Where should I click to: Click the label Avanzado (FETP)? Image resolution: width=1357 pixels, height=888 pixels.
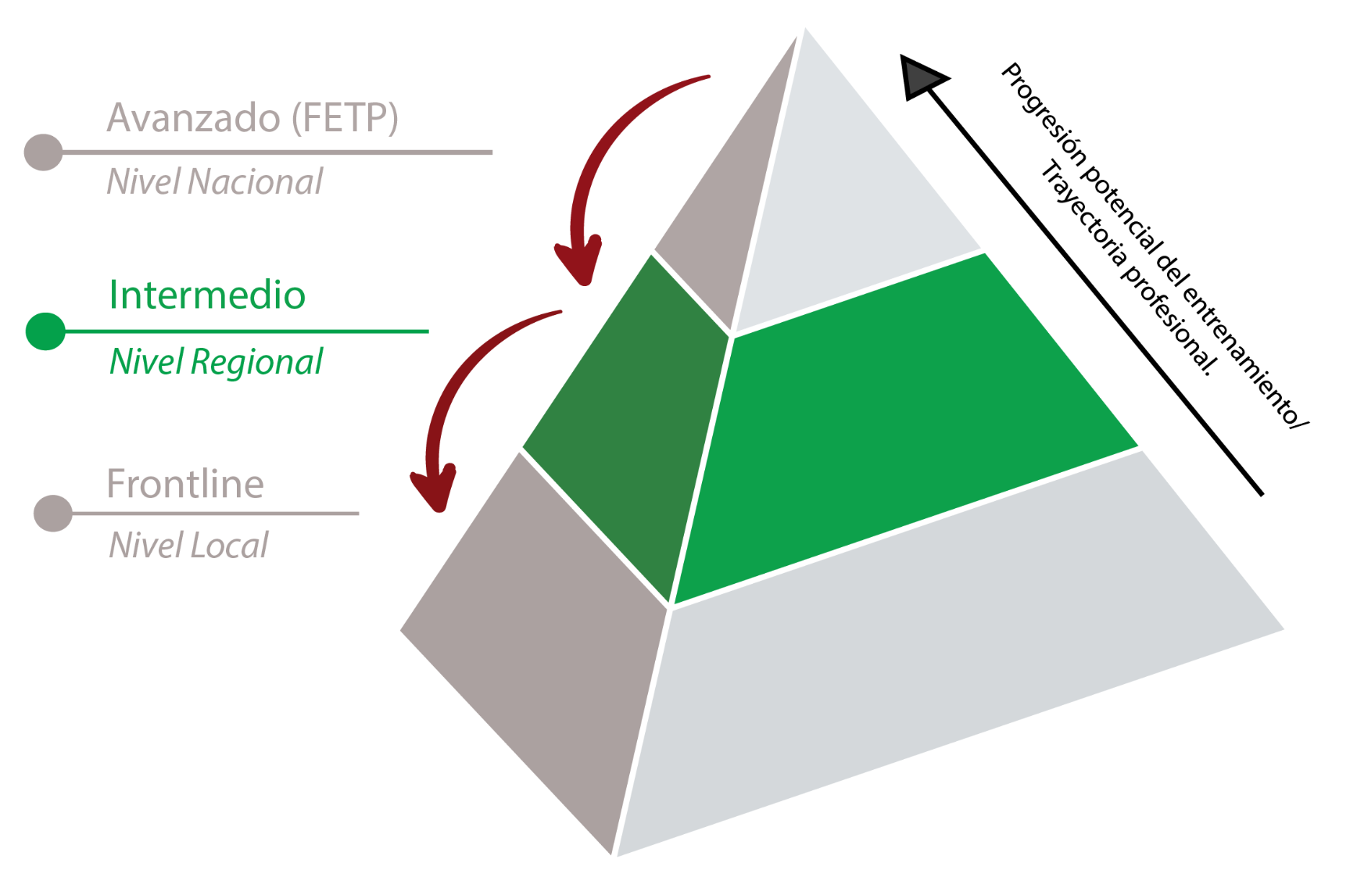pyautogui.click(x=252, y=118)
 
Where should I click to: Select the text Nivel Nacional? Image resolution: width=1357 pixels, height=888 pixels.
pyautogui.click(x=215, y=181)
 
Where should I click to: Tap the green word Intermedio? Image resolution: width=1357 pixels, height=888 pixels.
pyautogui.click(x=207, y=295)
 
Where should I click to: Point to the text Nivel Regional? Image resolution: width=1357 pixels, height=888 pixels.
pyautogui.click(x=216, y=361)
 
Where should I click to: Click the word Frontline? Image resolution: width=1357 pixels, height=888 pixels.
pyautogui.click(x=185, y=484)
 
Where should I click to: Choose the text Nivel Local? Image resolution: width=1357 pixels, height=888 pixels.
pyautogui.click(x=188, y=545)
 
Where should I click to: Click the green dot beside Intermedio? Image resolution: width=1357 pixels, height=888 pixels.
pyautogui.click(x=45, y=331)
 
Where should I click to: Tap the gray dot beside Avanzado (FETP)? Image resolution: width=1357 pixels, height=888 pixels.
pyautogui.click(x=43, y=152)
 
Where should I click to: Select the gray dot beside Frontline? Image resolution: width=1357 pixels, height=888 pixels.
pyautogui.click(x=53, y=514)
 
